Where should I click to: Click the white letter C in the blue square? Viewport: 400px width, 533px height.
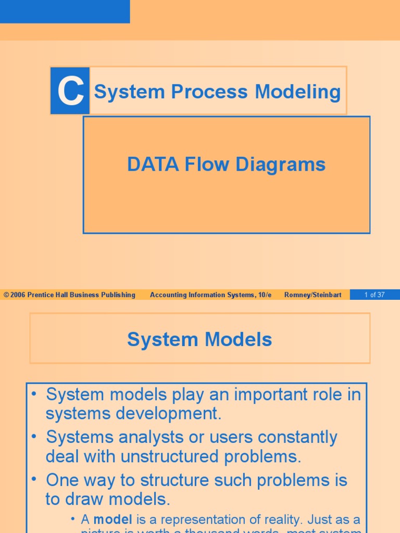[70, 92]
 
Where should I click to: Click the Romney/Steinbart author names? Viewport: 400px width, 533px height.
[313, 295]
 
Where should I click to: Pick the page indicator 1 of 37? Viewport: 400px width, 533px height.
[374, 295]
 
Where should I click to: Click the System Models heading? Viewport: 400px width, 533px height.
[199, 339]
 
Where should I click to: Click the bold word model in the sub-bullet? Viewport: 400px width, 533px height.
[113, 519]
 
